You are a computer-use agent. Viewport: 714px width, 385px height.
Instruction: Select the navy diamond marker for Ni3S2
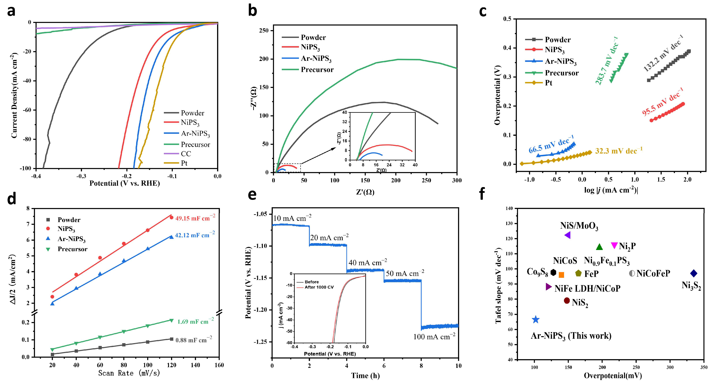[x=693, y=274]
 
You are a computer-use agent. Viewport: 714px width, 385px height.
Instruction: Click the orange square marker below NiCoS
[x=561, y=275]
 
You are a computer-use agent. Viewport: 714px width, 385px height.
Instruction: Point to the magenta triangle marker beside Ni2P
[x=614, y=245]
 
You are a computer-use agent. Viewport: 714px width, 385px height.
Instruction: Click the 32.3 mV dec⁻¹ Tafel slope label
[x=619, y=151]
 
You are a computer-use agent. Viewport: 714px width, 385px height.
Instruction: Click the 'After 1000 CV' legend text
[x=319, y=287]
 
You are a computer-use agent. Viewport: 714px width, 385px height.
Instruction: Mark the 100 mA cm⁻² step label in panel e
[x=434, y=337]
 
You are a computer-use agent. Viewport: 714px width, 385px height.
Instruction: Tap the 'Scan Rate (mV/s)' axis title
[x=129, y=373]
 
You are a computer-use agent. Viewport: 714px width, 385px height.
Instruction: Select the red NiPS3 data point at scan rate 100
[x=148, y=230]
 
